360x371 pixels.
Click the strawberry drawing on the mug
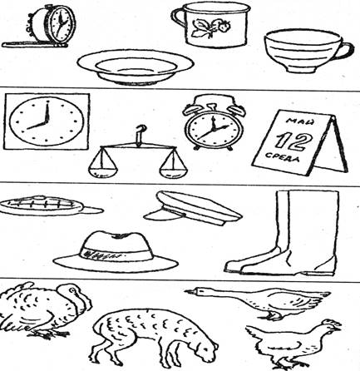tap(211, 27)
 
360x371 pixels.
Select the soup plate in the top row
tap(136, 67)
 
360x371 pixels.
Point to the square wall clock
tap(47, 121)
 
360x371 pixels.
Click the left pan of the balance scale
tap(102, 167)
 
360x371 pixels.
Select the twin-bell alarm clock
tap(214, 122)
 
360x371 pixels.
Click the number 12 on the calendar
tap(293, 140)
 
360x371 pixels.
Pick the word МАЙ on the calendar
tap(300, 121)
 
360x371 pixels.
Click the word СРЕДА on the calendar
tap(283, 156)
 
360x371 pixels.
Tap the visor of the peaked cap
tap(164, 214)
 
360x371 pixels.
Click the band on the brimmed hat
tap(116, 252)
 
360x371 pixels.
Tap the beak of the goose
tap(190, 291)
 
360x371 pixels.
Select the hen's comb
tap(333, 322)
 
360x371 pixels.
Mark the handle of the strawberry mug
tap(178, 18)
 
